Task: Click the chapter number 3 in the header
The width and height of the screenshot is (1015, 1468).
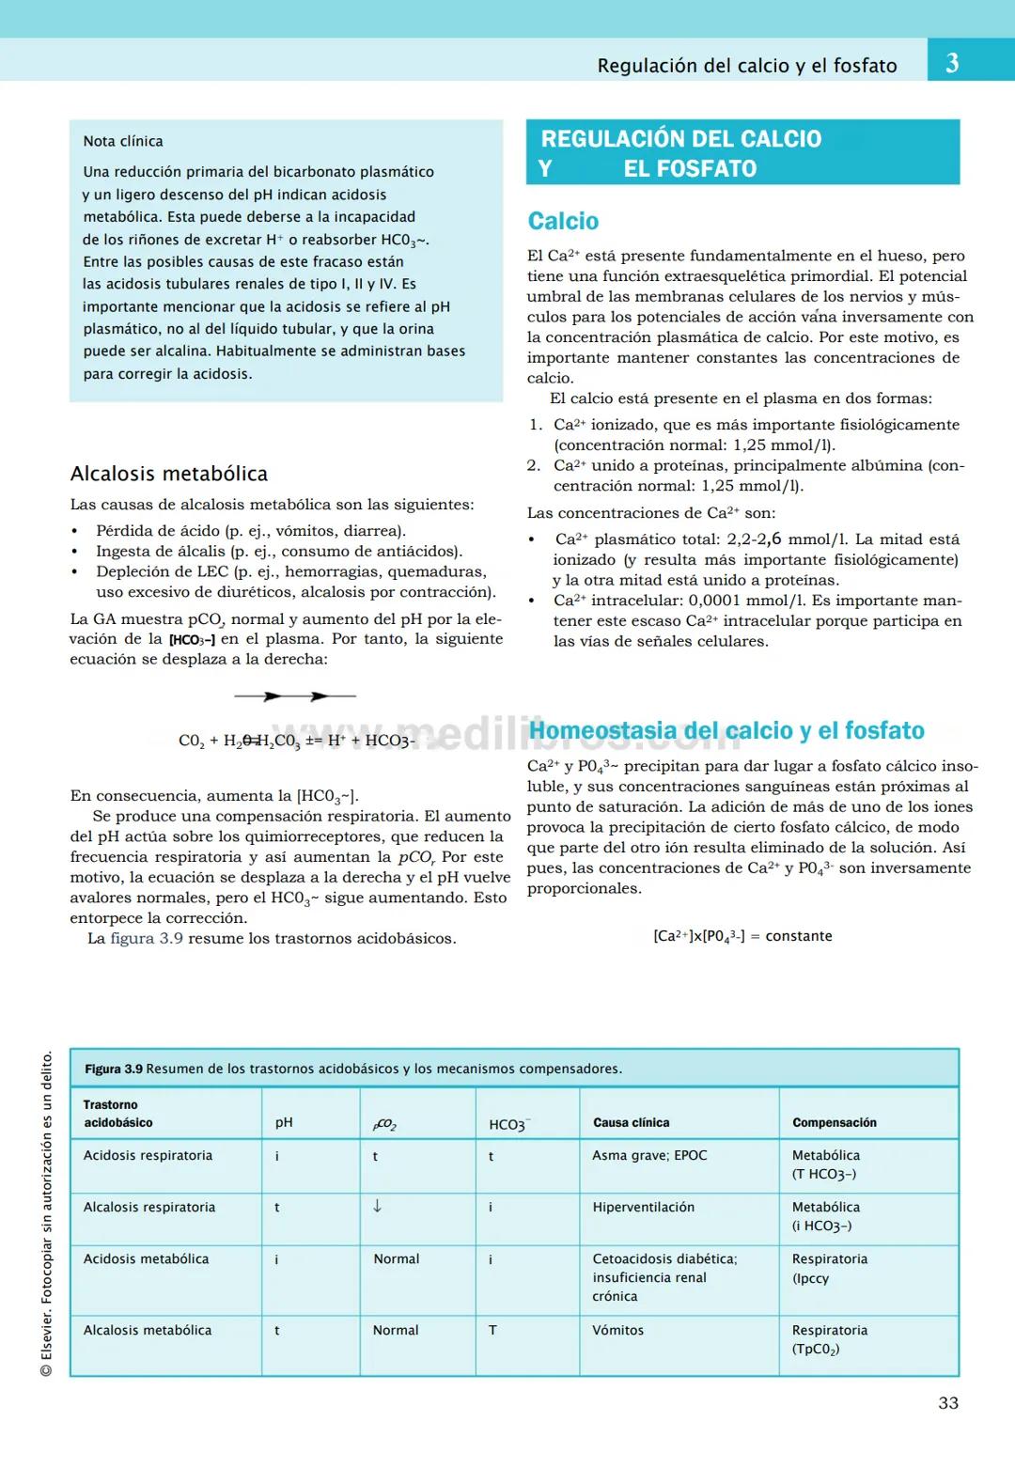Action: coord(952,63)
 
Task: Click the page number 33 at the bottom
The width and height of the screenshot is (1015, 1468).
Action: coord(948,1403)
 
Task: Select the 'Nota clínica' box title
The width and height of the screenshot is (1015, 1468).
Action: coord(123,141)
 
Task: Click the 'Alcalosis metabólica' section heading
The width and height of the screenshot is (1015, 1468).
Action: coord(169,474)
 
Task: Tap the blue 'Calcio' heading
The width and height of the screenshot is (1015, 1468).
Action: coord(563,221)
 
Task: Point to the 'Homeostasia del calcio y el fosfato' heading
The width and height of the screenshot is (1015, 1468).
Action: coord(726,730)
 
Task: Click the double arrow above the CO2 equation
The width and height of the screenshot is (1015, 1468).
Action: coord(294,696)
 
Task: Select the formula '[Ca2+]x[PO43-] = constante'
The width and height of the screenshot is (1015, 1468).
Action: coord(742,936)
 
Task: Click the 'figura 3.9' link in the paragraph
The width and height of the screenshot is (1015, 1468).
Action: coord(147,938)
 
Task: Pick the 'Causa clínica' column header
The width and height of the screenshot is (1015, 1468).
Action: coord(631,1122)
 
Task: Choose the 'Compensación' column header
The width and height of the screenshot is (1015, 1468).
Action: coord(834,1122)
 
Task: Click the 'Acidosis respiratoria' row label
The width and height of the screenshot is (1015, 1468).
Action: coord(148,1155)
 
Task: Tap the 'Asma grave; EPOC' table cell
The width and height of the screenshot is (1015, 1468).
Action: coord(649,1155)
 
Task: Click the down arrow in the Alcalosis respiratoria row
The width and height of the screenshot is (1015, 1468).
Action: coord(377,1206)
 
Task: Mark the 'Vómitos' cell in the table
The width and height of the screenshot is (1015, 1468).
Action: coord(617,1330)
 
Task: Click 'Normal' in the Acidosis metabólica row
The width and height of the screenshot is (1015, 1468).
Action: coord(396,1258)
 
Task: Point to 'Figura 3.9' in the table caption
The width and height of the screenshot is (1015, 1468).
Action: coord(114,1069)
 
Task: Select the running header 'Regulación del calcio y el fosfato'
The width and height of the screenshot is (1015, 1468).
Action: coord(747,66)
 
